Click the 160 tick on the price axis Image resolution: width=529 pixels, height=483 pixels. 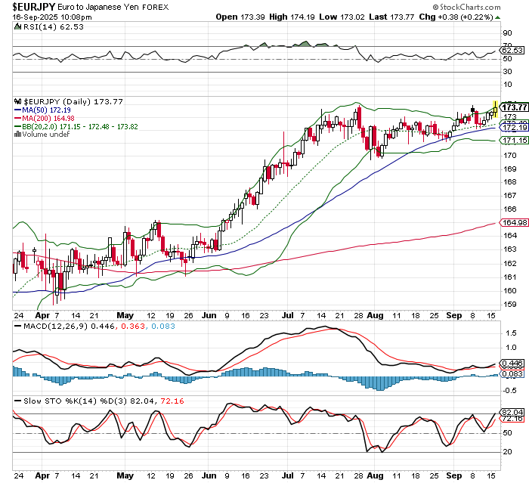tap(509, 290)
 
